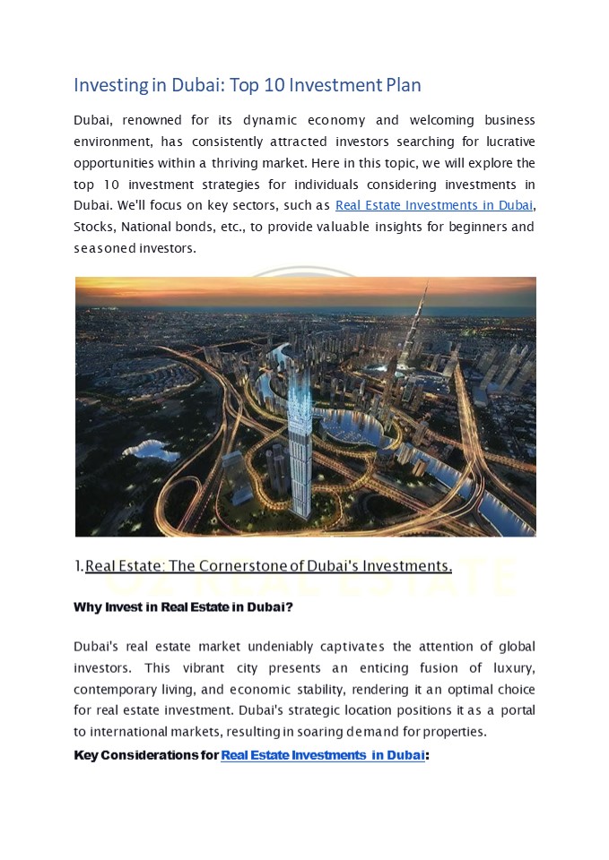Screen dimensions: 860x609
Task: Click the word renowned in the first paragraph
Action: (152, 120)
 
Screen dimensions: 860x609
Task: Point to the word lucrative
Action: (505, 142)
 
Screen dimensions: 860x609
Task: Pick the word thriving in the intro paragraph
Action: (257, 163)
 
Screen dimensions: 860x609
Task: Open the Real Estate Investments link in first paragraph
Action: (433, 206)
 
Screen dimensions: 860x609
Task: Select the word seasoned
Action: (101, 249)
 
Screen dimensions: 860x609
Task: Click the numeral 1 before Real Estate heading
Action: (78, 565)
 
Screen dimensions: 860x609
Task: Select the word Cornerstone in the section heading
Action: (240, 565)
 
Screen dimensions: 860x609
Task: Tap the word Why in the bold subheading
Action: (87, 607)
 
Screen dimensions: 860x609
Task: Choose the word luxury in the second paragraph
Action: (511, 668)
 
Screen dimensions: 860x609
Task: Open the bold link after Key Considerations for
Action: (323, 755)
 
